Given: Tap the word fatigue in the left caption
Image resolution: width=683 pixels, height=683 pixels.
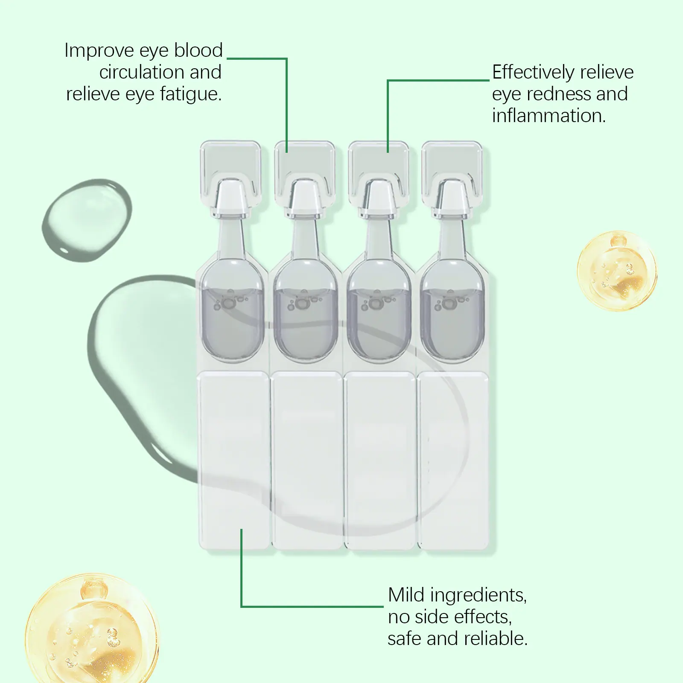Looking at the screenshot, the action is coord(191,94).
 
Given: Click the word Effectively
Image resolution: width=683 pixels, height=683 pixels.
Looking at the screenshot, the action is coord(534,73).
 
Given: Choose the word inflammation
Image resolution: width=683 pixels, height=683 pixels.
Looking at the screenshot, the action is coord(549,116).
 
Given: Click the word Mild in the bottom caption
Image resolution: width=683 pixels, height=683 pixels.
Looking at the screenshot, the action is coord(407,595).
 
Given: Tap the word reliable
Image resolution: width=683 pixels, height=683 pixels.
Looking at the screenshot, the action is coord(496,639).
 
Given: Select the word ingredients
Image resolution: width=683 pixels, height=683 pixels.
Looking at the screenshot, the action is coord(479,595).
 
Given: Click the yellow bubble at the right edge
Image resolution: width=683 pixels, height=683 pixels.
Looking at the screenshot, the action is coord(617,271).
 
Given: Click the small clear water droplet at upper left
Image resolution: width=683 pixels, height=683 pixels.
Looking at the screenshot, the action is coord(87,219).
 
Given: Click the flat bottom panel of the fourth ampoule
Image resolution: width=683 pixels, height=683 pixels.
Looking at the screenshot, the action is coord(453,460).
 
